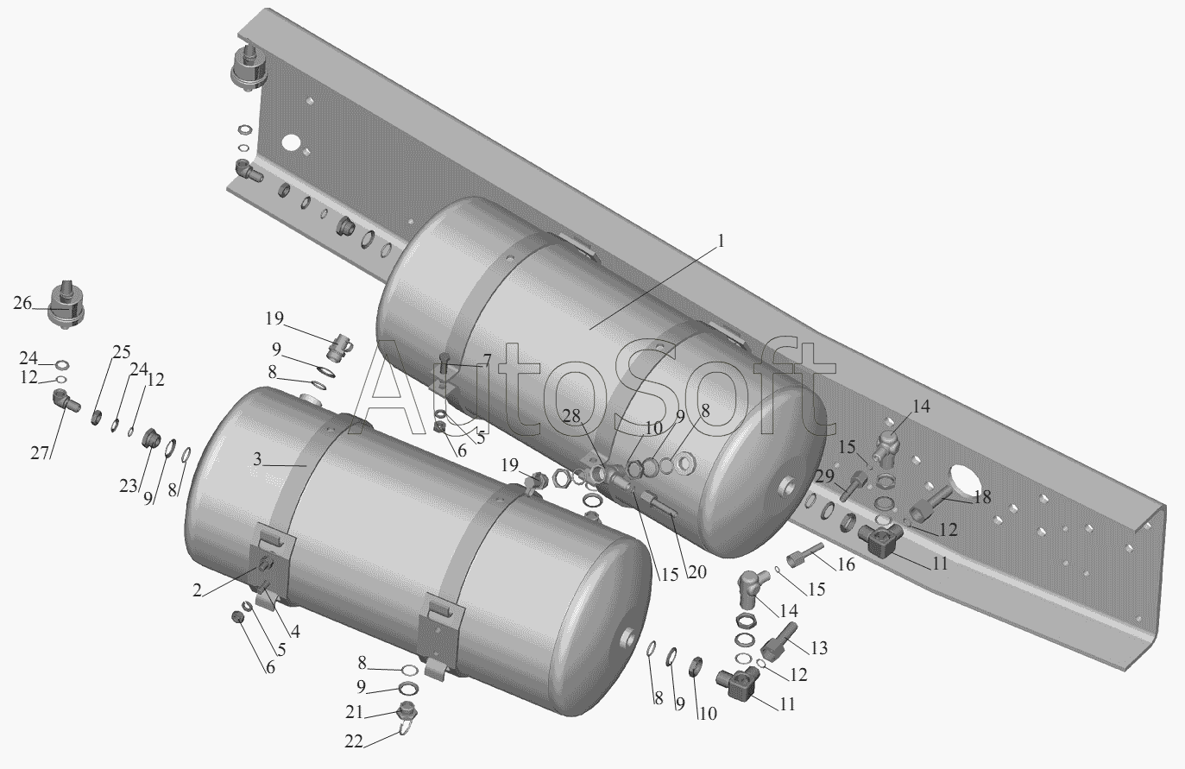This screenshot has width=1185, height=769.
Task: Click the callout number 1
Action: (720, 241)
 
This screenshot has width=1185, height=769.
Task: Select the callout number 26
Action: (22, 303)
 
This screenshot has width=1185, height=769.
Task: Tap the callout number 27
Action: (40, 453)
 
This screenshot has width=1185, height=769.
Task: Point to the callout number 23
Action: (128, 485)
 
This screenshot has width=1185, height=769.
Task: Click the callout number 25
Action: (122, 352)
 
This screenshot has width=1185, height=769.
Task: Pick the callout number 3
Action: (257, 459)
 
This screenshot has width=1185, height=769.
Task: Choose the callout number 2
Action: (197, 590)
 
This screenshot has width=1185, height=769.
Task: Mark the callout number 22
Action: (354, 741)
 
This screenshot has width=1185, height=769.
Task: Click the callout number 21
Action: (355, 712)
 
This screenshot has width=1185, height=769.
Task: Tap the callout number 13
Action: (819, 647)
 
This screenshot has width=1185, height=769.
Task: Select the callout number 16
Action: (847, 564)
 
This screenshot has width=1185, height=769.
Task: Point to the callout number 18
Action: (982, 496)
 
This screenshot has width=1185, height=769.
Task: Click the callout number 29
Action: (824, 476)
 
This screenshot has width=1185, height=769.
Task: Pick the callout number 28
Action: (571, 416)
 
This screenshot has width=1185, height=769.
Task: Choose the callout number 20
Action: (697, 572)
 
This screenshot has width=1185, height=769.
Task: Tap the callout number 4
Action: (295, 631)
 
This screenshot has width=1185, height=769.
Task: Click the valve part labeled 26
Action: (66, 306)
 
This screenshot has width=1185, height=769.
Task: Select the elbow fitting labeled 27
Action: (66, 401)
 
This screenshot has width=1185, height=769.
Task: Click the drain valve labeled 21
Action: (407, 712)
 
